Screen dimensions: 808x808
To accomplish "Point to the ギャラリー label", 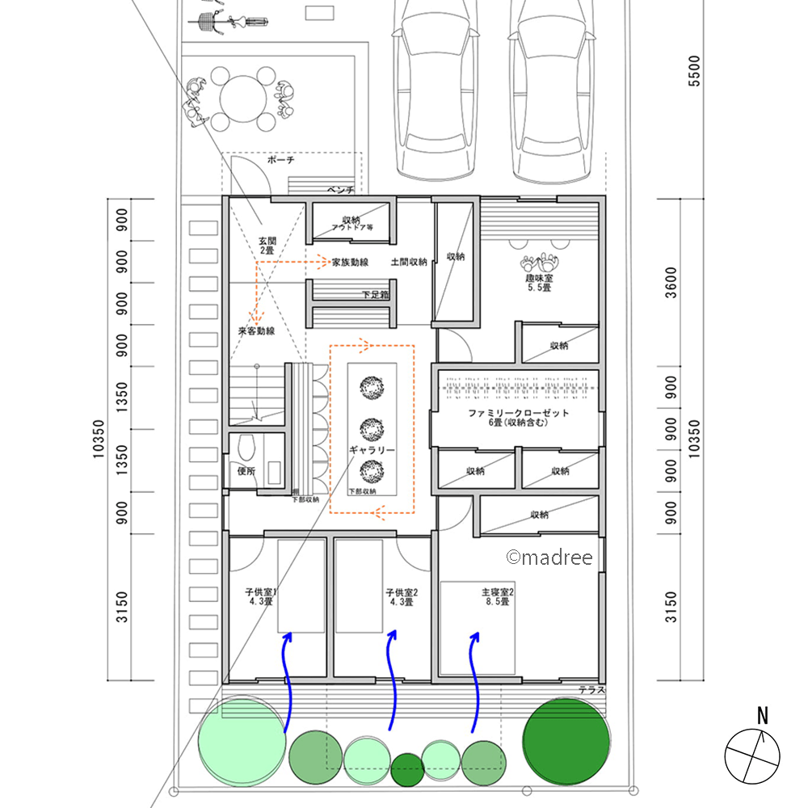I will coord(372,450).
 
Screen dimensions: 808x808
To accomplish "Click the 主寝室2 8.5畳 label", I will coord(498,596).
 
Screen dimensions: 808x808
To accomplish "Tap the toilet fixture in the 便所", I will coord(247,448).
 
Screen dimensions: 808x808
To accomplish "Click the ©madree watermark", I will coord(549,558).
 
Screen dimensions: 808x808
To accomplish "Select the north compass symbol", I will coord(752,751).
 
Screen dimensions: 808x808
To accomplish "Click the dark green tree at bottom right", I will coord(566,740).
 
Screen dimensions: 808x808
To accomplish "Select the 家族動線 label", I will coord(351,263).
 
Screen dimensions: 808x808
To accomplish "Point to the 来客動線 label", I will coord(256,331).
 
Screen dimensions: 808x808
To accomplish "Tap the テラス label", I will coord(591,690).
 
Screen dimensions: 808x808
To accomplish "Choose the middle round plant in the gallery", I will coord(372,428).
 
